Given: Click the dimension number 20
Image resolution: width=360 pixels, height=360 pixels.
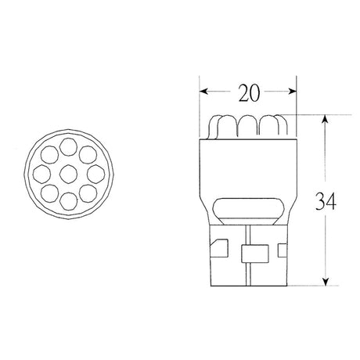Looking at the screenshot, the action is click(x=249, y=92).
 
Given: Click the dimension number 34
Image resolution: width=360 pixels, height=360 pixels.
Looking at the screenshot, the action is click(x=326, y=201).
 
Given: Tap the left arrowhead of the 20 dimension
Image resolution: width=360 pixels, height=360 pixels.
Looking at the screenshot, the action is click(x=203, y=92).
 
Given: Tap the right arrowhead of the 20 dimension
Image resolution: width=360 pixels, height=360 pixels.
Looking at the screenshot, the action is click(x=293, y=92).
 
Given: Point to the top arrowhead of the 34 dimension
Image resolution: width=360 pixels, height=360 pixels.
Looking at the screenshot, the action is click(x=325, y=119).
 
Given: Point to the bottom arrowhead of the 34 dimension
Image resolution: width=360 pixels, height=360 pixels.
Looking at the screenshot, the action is click(x=325, y=282).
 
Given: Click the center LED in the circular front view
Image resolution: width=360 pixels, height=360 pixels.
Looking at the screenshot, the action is click(x=69, y=174).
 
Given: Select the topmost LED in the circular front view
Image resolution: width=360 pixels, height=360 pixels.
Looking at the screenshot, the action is click(x=68, y=146).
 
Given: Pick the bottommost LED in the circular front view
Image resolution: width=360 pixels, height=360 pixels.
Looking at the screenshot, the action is click(x=69, y=201).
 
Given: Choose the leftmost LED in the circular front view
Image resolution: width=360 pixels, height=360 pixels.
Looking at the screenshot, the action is click(x=41, y=174).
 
